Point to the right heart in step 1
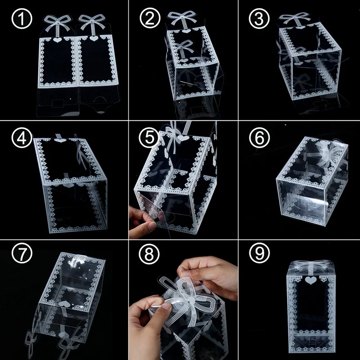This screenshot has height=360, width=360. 93,39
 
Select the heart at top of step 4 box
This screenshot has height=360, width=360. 59,140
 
